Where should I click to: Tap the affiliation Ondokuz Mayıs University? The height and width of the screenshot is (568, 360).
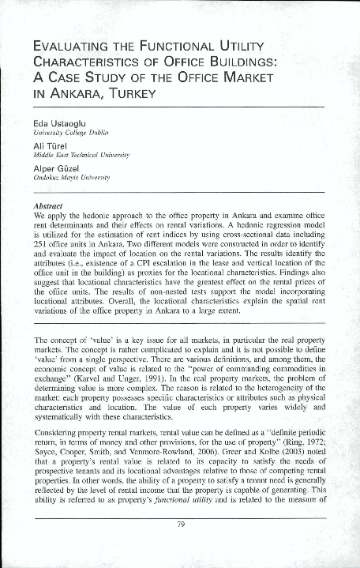click(x=72, y=179)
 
